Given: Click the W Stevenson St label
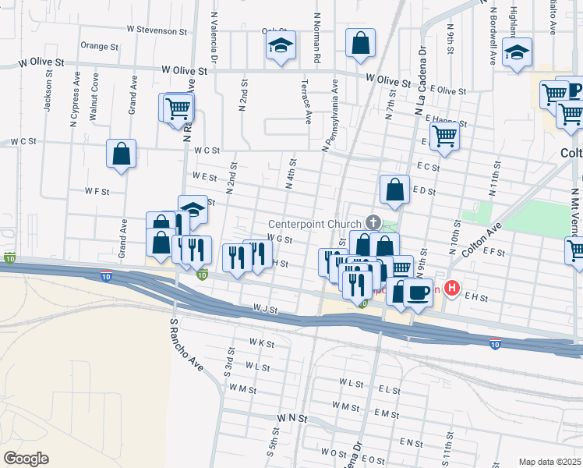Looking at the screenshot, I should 158,31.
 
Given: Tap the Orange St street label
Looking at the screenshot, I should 99,46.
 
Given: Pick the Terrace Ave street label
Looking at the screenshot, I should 307,101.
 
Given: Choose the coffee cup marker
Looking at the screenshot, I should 419,293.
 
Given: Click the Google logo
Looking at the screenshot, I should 26,459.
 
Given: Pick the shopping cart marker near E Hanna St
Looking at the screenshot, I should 444,136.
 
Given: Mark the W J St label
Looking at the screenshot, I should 265,310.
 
